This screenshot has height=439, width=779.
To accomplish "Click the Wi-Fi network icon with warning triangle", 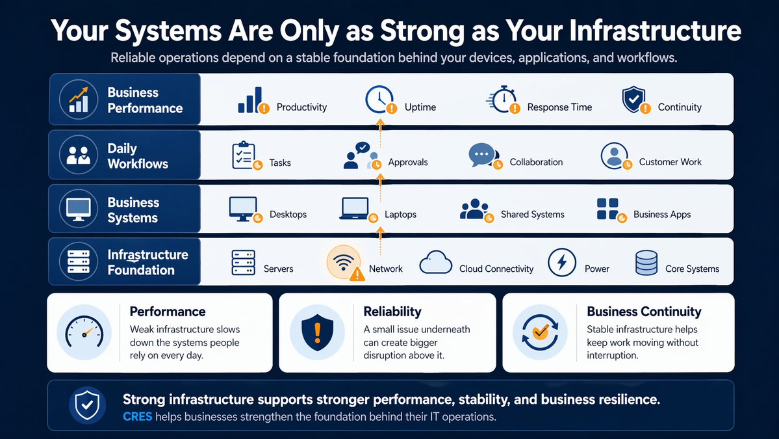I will [x=343, y=263].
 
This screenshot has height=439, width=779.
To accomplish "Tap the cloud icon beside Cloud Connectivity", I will [x=435, y=263].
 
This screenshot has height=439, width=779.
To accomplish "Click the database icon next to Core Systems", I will [x=646, y=263].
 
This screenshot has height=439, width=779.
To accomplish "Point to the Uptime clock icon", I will [x=378, y=100].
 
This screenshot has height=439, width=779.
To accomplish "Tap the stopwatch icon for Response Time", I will [x=502, y=101].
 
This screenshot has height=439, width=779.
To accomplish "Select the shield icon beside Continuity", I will [x=634, y=100].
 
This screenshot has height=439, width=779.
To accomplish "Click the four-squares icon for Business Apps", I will [x=607, y=209].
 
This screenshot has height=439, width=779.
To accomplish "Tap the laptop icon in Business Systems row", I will [x=355, y=209].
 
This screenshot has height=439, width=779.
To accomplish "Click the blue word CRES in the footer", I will [x=137, y=416].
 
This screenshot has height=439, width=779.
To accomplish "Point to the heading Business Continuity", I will [x=644, y=312].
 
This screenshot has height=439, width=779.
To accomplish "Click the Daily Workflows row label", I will [x=138, y=156].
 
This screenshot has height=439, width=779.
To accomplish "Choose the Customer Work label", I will [x=670, y=162].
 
